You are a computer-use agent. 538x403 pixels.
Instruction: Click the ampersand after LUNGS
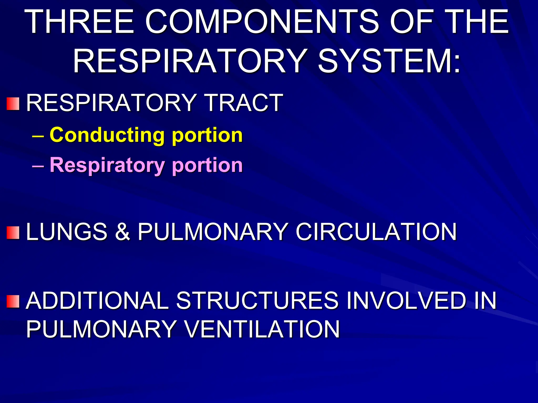point(122,232)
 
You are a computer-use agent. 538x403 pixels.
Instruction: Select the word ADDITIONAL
point(97,300)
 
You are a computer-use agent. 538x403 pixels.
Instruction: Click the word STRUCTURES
point(257,300)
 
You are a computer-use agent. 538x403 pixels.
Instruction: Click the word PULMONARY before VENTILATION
point(101,329)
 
